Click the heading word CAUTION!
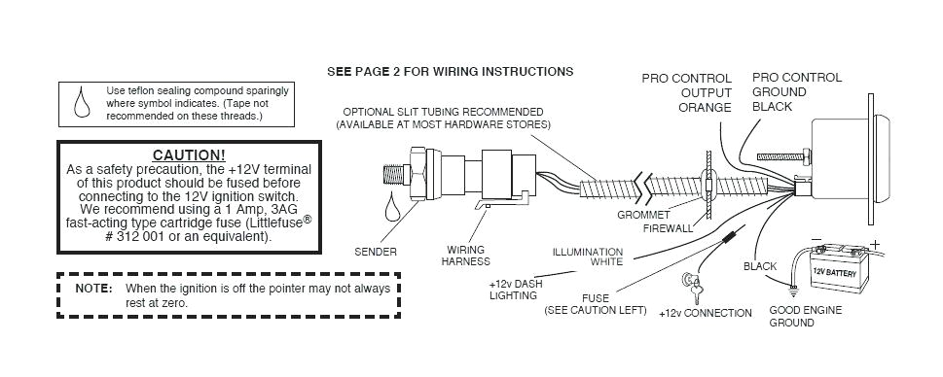click(x=189, y=155)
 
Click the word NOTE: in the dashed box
click(x=94, y=289)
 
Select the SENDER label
click(x=375, y=252)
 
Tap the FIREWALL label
click(x=668, y=229)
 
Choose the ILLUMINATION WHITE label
click(x=587, y=257)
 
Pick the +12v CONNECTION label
click(x=705, y=313)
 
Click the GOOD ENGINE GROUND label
click(x=805, y=317)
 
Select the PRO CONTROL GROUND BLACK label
click(x=796, y=91)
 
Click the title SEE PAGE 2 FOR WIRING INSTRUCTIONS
click(x=450, y=71)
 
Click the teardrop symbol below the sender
click(x=393, y=206)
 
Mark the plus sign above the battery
click(x=873, y=244)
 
